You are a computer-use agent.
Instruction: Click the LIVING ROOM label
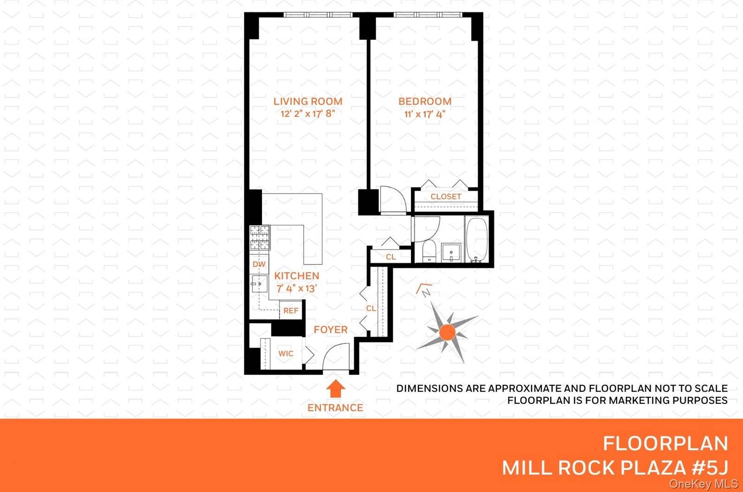pos(307,101)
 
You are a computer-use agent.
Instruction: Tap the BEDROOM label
pos(424,101)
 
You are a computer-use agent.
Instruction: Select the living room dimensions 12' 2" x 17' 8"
pos(307,114)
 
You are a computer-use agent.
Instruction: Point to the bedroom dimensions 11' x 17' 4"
pos(424,114)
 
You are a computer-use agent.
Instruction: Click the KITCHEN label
pos(296,276)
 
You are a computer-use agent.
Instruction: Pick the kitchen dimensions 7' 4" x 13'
pos(296,288)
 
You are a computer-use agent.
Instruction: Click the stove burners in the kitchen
pos(260,238)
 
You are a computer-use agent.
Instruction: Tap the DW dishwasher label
pos(259,264)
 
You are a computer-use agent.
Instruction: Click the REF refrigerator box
pos(291,311)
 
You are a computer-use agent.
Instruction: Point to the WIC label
pos(286,354)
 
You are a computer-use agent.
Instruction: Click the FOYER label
pos(330,330)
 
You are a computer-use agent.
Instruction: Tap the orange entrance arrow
pos(335,389)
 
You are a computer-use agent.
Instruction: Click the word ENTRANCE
pos(335,408)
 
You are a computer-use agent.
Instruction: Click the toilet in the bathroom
pos(428,251)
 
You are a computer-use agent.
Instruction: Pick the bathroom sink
pos(450,252)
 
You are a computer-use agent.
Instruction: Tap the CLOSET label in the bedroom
pos(446,197)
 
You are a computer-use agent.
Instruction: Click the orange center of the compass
pos(447,332)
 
